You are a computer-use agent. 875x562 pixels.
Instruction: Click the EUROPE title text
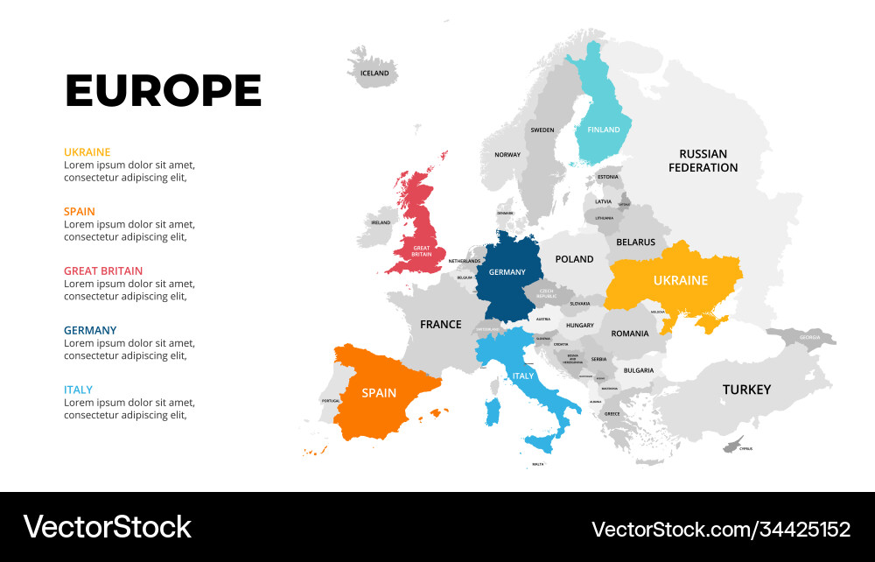pos(164,91)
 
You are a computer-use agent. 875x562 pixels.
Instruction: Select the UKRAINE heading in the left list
pos(87,151)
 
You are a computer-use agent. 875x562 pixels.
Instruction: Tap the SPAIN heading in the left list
pos(80,211)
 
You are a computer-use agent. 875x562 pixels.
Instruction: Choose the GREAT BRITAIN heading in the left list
pos(103,270)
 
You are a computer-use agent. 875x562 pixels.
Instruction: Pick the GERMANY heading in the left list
pos(90,330)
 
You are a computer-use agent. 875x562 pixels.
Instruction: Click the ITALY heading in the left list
pos(78,390)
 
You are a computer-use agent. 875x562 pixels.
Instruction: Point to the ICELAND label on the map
pos(374,74)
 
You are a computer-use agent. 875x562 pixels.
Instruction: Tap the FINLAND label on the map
pos(603,130)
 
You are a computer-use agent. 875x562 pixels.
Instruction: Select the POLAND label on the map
pos(575,259)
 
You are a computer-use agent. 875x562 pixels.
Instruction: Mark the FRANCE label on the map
pos(440,325)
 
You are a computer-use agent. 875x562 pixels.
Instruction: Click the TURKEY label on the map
pos(746,390)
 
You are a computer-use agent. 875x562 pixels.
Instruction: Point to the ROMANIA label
pos(630,334)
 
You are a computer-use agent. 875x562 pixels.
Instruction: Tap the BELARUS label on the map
pos(635,242)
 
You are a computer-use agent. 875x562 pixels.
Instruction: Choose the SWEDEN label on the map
pos(542,130)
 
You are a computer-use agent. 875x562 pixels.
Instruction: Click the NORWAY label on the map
pos(507,155)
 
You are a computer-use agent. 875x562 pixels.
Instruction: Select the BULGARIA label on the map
pos(639,370)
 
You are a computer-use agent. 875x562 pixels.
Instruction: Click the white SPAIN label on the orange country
pos(379,393)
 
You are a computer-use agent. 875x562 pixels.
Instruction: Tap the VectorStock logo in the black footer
pos(107,527)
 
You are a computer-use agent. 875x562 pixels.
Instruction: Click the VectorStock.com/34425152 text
pos(720,529)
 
